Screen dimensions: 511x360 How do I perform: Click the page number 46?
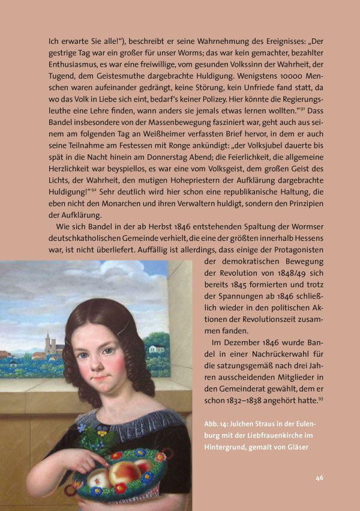pos(319,478)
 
